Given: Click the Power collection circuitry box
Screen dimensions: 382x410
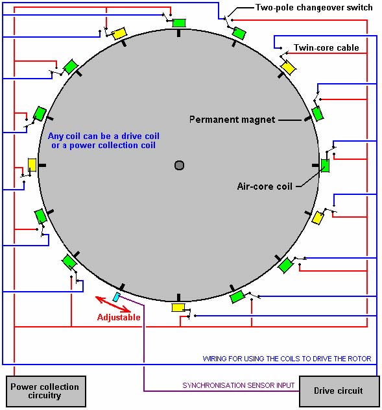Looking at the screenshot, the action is click(x=46, y=391).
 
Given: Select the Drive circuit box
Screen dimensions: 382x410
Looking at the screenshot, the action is click(x=339, y=391).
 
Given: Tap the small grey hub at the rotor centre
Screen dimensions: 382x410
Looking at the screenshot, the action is click(x=179, y=165).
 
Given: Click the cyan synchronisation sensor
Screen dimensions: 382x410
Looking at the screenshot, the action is click(x=117, y=297).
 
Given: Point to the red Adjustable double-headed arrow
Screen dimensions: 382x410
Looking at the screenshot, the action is click(x=113, y=304).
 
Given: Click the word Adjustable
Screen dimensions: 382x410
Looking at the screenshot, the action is click(x=119, y=317).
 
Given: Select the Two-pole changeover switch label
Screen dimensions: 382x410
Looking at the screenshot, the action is click(x=314, y=8).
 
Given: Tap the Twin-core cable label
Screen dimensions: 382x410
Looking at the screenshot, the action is click(x=326, y=47).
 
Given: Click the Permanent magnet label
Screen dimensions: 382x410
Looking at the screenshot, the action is click(x=232, y=120).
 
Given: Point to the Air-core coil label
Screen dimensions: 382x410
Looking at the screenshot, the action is click(x=265, y=186).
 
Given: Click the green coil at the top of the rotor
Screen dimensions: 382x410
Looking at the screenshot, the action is click(x=179, y=23).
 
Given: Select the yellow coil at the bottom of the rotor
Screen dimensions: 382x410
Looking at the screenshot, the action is click(x=178, y=307).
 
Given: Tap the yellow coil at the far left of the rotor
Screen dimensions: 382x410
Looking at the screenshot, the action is click(x=32, y=165).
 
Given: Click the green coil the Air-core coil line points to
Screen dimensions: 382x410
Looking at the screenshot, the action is click(x=325, y=166).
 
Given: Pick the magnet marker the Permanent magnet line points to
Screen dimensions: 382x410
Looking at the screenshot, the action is click(x=308, y=119).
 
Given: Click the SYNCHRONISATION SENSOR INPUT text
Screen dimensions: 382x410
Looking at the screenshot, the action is click(x=239, y=385).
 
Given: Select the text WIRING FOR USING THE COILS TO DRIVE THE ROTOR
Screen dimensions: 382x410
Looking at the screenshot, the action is click(x=287, y=359).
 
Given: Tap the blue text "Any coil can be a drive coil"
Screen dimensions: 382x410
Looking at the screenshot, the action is click(x=104, y=136).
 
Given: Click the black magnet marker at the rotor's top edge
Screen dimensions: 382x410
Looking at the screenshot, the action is click(x=179, y=33).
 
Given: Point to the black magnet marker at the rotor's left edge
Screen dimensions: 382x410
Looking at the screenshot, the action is click(x=42, y=165).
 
